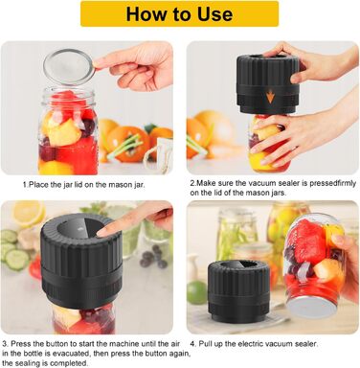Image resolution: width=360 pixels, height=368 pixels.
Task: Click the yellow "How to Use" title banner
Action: coord(179,13)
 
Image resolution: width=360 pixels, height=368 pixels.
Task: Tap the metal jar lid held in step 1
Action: coord(69,67)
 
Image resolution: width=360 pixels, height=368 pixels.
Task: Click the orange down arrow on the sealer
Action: coord(271,97)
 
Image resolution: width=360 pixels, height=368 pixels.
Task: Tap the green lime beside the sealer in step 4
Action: coord(196,292)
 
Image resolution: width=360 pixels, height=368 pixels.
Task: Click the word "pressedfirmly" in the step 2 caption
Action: coord(332,183)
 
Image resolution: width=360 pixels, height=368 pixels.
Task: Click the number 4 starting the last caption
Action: coord(192,344)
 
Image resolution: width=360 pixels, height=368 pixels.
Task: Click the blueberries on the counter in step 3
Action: coord(152,257)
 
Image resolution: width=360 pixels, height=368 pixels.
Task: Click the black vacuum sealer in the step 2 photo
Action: coord(267,84)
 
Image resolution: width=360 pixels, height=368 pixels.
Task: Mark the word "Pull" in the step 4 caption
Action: coord(205,344)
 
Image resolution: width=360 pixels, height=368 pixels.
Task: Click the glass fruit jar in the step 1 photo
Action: coord(68,131)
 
